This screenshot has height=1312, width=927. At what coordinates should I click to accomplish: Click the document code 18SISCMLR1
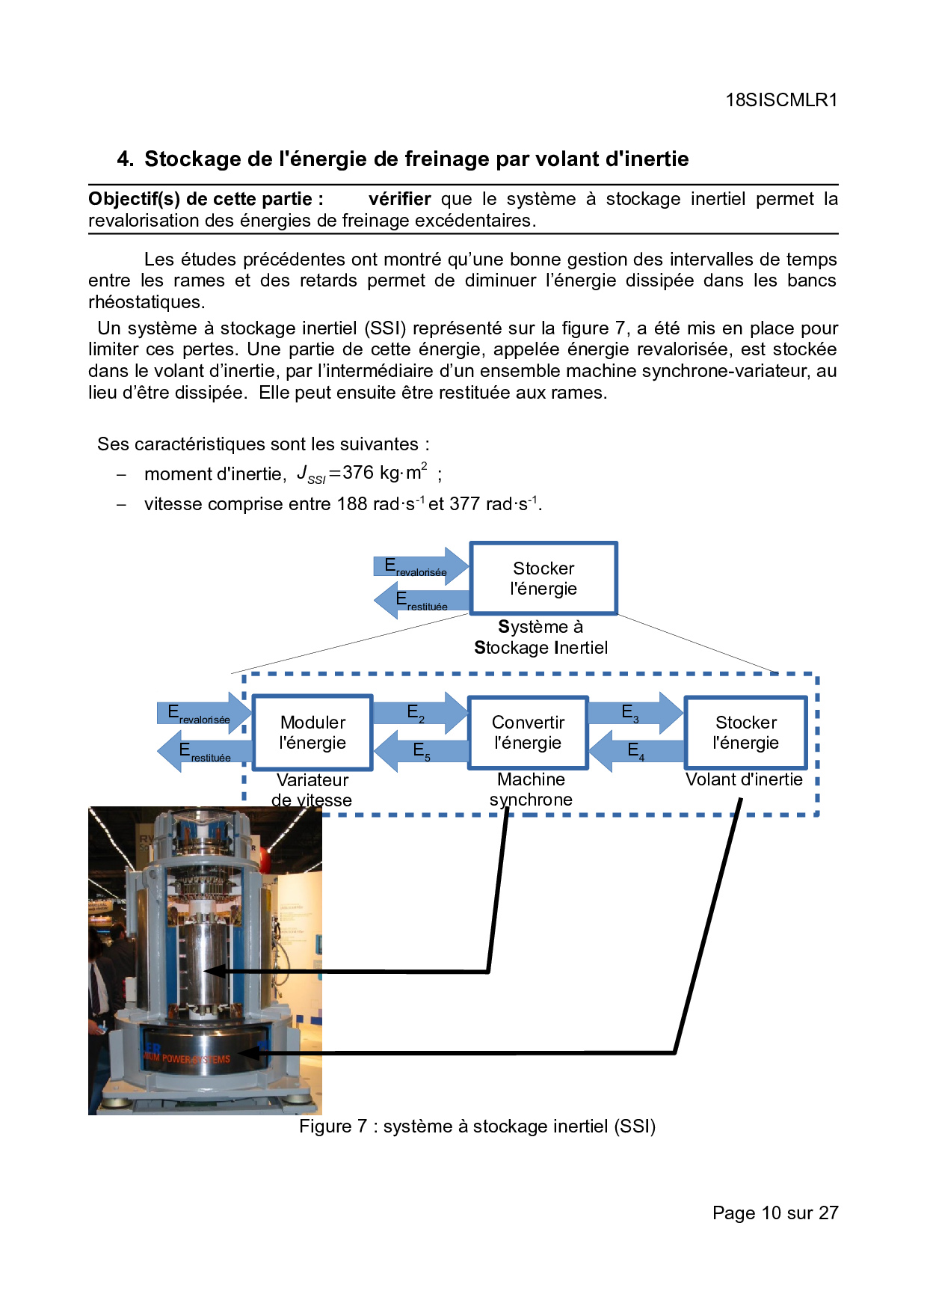[781, 100]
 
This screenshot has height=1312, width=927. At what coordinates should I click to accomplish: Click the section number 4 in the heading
[124, 159]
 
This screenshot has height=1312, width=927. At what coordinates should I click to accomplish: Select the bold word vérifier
[399, 199]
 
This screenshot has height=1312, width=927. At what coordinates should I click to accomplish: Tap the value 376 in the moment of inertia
[358, 473]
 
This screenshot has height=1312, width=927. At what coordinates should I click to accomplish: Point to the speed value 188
[352, 504]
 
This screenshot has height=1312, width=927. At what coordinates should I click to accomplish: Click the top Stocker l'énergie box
[543, 578]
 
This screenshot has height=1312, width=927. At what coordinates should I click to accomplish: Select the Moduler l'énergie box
[312, 732]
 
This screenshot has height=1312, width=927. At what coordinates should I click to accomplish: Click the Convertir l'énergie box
[528, 732]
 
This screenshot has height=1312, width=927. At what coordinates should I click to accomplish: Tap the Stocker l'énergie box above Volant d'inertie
[745, 732]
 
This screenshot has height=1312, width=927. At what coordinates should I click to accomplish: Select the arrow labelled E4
[637, 750]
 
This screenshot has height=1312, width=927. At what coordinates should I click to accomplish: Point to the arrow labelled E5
[421, 750]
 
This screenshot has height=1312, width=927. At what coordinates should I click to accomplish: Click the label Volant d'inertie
[744, 779]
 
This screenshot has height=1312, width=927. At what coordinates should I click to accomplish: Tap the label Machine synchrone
[531, 789]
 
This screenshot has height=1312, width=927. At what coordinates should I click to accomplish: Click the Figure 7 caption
[477, 1126]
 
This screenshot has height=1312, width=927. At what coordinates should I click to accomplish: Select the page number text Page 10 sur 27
[775, 1213]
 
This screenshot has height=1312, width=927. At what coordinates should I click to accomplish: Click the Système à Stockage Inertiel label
[541, 637]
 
